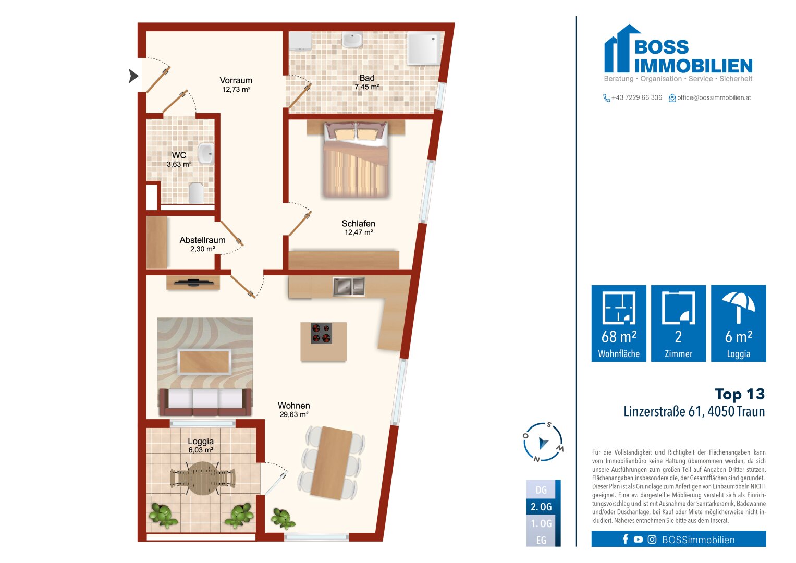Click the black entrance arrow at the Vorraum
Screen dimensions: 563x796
tap(133, 76)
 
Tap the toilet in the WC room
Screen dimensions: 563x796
tap(196, 193)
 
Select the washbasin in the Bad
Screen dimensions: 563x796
tap(352, 40)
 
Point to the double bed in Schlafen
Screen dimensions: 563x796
tap(356, 161)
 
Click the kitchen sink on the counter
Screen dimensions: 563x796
tap(349, 286)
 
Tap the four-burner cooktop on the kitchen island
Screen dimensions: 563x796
tap(322, 334)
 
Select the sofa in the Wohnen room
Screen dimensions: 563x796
tap(205, 400)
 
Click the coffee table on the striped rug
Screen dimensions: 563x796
tap(204, 362)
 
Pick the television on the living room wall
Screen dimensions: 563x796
tap(193, 283)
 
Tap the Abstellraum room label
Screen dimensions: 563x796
tap(202, 240)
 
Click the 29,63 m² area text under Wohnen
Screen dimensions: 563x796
tap(294, 415)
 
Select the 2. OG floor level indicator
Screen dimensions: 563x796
tap(541, 507)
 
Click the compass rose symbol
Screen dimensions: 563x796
tap(543, 443)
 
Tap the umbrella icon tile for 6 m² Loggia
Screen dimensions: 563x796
tap(738, 323)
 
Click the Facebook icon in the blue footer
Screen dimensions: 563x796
tap(626, 540)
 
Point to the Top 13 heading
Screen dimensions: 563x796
tap(739, 394)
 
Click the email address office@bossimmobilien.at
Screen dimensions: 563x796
tap(714, 97)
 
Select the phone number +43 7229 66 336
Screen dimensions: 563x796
tap(636, 97)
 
